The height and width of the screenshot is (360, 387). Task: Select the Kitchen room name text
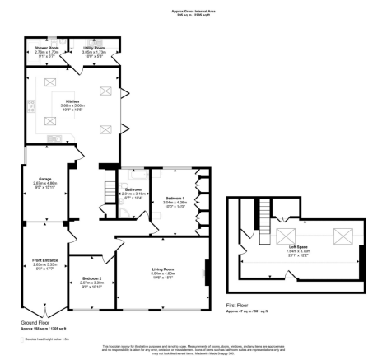tap(72, 101)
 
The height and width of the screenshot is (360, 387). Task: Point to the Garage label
tap(43, 179)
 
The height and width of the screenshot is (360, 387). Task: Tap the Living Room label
tap(161, 270)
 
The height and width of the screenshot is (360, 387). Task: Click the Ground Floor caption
tap(36, 323)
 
